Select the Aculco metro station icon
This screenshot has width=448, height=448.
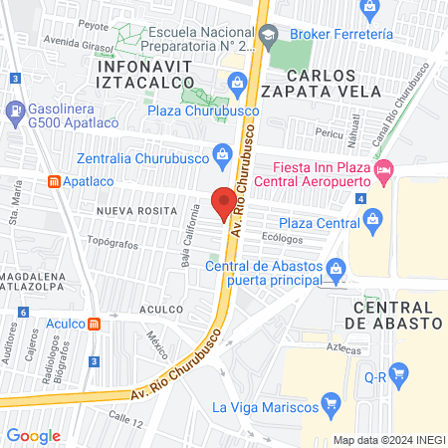click(x=94, y=324)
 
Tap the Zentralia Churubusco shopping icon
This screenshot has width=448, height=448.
click(x=222, y=154)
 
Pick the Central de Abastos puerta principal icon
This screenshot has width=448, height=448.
click(x=336, y=267)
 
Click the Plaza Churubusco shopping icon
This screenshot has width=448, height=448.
click(x=238, y=82)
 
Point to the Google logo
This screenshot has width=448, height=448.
click(x=34, y=435)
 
